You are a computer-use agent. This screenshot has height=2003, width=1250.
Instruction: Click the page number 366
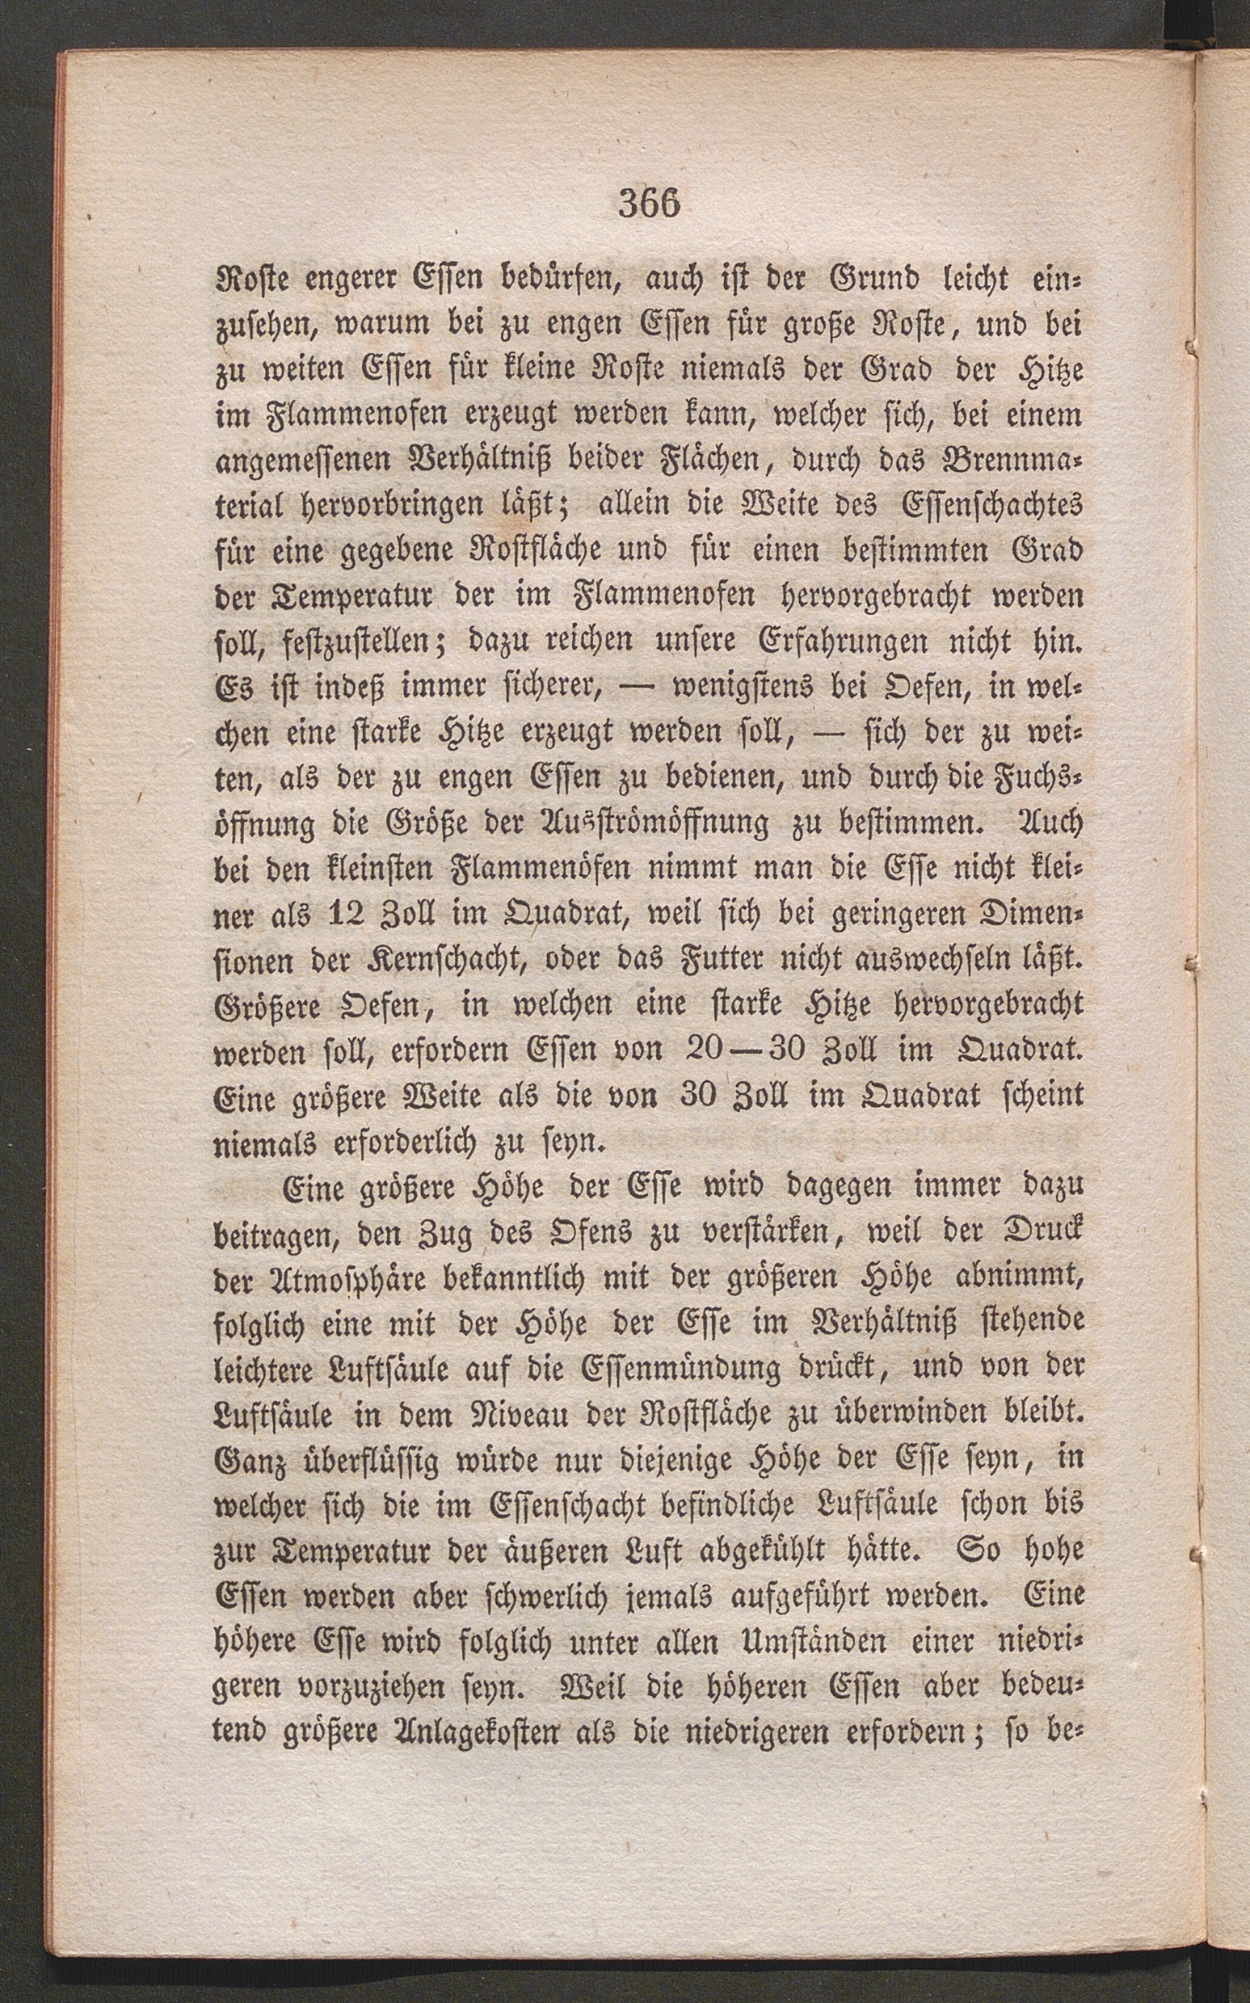[x=649, y=205]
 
